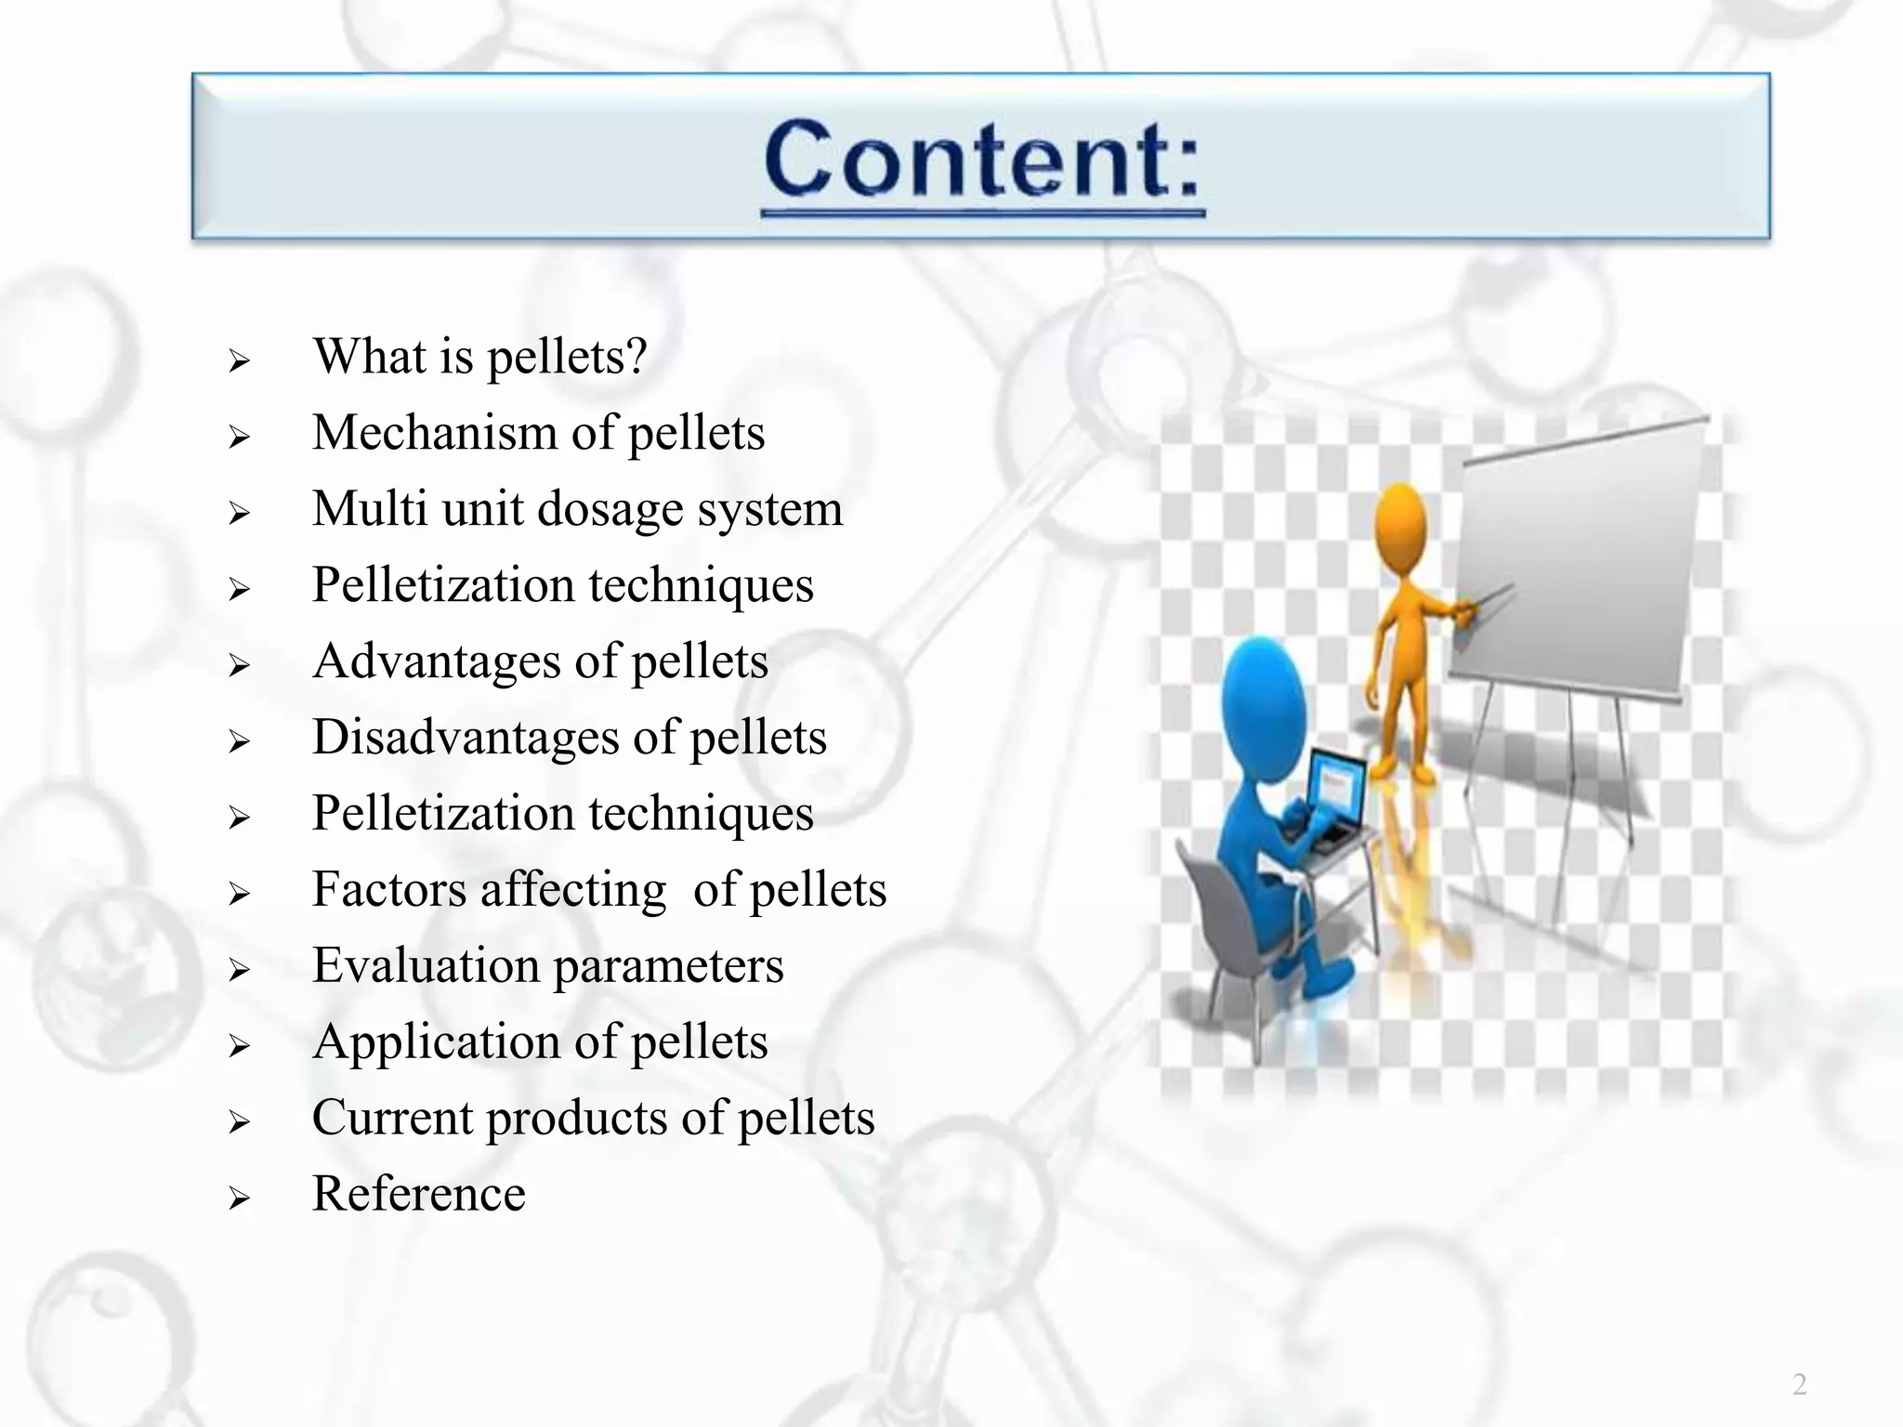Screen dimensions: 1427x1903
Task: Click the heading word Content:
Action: [x=981, y=160]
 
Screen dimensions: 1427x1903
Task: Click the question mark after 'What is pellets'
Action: [x=636, y=356]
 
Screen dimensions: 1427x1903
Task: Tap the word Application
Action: [x=435, y=1042]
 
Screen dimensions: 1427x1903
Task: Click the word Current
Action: [x=391, y=1118]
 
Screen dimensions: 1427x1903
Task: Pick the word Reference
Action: [x=418, y=1194]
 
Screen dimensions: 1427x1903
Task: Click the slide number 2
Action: [x=1799, y=1384]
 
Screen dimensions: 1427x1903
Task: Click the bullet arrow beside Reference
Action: [x=240, y=1198]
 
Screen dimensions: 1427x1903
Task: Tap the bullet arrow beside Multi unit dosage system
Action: [x=240, y=513]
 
